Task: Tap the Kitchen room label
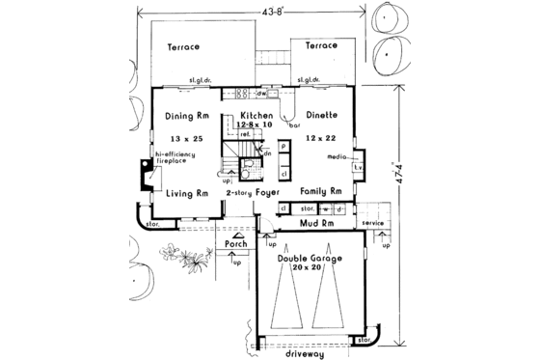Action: (x=256, y=116)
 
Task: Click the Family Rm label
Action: (x=321, y=192)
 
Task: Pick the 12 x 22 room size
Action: (x=321, y=137)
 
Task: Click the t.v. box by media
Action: (x=358, y=166)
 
